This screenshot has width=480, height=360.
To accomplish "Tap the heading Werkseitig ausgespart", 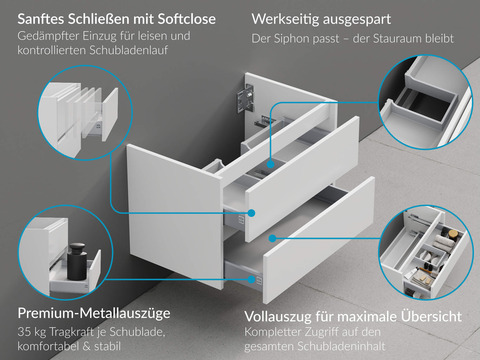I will tap(334, 18).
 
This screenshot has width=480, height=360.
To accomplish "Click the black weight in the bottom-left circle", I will tap(80, 262).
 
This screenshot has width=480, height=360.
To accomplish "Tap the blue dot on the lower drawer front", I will tap(272, 238).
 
